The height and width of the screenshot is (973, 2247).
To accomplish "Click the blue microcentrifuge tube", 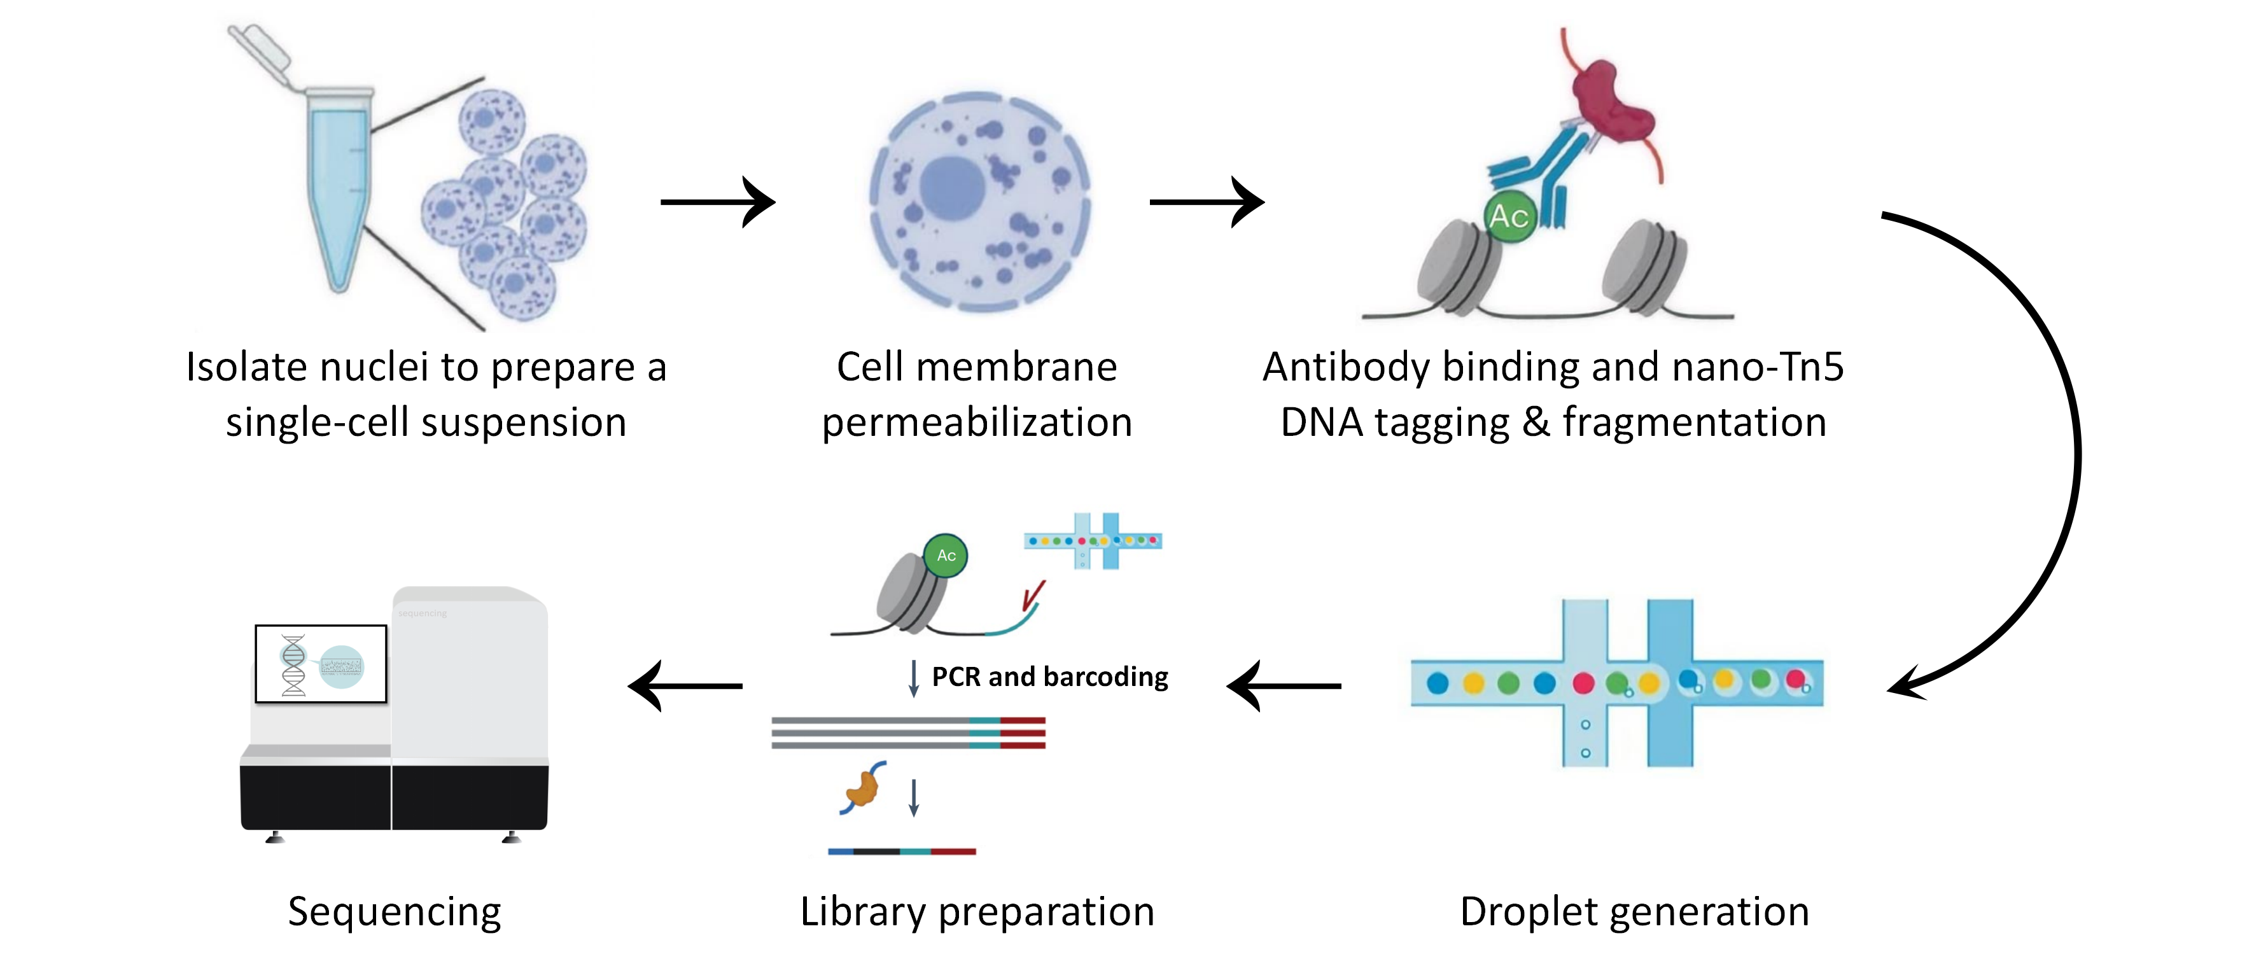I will click(339, 183).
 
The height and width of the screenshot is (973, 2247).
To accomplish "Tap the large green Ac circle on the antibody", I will click(1509, 216).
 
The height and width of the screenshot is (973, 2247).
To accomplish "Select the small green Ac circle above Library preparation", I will click(946, 555).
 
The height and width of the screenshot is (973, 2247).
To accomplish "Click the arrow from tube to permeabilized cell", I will click(717, 202).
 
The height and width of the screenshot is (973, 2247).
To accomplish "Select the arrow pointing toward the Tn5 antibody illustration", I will click(1207, 202).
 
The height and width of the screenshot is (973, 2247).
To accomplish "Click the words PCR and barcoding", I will click(1049, 676).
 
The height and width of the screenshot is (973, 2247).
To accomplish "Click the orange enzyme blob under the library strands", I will click(863, 787).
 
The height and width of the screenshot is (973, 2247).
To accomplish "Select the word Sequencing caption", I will click(395, 911).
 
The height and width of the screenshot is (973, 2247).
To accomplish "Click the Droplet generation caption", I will click(1634, 911).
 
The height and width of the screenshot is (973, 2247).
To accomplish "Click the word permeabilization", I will click(977, 423).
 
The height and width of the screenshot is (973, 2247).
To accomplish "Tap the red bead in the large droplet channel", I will click(1583, 683).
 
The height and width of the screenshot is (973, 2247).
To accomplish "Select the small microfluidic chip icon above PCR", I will click(1093, 541).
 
